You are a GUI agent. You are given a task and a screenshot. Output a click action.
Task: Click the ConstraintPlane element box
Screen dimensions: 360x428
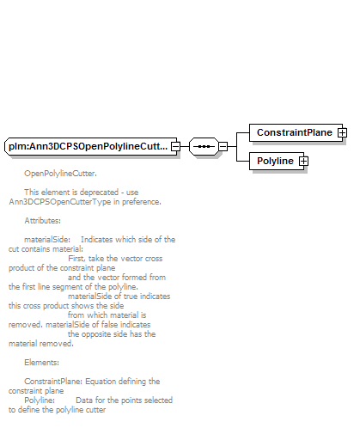(x=296, y=132)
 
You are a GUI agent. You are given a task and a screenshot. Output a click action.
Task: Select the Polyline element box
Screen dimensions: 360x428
(x=277, y=161)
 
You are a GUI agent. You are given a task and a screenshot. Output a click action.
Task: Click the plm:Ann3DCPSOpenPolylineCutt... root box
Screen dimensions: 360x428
(x=90, y=146)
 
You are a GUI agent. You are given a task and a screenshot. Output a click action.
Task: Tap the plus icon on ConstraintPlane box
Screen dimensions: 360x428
(x=342, y=132)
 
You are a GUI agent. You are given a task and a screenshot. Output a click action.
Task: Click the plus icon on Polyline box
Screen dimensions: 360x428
(x=303, y=161)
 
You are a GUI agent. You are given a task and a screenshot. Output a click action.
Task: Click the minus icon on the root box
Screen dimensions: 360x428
(x=175, y=146)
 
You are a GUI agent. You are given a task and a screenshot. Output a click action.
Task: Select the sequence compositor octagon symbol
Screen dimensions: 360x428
(x=204, y=146)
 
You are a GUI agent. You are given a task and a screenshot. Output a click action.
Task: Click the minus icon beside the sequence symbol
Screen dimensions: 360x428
(x=223, y=146)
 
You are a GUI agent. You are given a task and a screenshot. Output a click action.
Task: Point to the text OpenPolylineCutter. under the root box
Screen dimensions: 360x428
(x=60, y=174)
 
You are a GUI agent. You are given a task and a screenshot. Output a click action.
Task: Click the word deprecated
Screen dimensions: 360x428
(x=100, y=193)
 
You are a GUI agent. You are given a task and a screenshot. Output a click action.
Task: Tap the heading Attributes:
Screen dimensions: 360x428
(x=42, y=221)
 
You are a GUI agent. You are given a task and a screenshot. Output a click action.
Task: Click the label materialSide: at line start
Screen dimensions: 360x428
(x=47, y=240)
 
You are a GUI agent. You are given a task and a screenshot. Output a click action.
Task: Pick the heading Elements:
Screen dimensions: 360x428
(x=41, y=363)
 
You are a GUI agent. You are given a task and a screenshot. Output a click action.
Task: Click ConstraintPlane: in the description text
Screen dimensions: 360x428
(x=53, y=382)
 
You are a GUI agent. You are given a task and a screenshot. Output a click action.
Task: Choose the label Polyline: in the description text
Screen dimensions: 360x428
(x=40, y=400)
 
